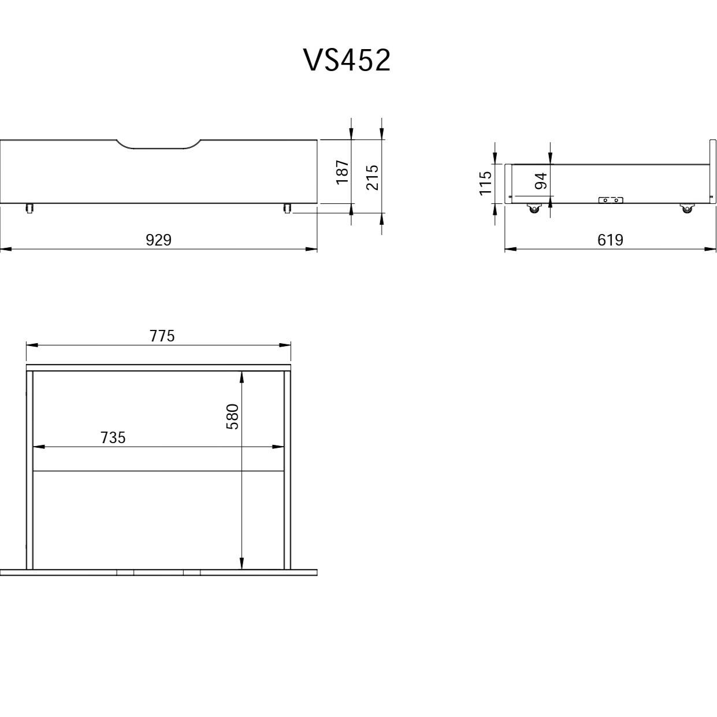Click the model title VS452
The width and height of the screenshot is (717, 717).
click(348, 60)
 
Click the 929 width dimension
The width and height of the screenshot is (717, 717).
click(158, 240)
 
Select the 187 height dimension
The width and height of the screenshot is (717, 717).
click(342, 172)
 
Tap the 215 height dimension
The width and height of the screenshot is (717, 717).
click(373, 177)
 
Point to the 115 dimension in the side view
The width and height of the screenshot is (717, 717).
click(485, 183)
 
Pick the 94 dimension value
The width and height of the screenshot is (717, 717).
click(541, 181)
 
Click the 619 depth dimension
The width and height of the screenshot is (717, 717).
click(610, 240)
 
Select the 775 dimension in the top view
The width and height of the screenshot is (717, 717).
click(162, 336)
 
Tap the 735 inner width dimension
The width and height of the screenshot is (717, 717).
click(113, 438)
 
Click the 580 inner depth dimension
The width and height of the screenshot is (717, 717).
click(233, 417)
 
